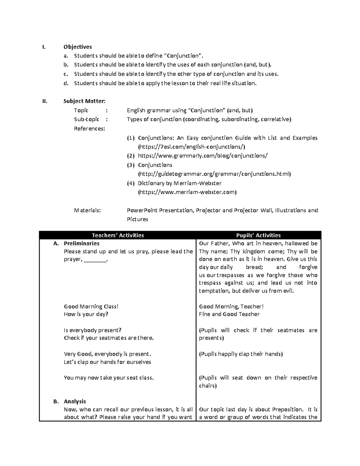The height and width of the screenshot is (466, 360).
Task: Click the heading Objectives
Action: pos(77,47)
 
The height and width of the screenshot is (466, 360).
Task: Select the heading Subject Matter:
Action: pos(84,101)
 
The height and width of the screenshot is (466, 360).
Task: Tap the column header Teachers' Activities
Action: pos(118,235)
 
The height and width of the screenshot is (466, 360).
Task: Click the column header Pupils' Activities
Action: pos(258,235)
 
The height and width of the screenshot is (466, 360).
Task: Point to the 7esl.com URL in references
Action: pos(191,147)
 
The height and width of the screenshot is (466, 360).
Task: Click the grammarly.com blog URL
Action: pos(202,156)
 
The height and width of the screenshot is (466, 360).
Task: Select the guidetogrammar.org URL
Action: pos(214,174)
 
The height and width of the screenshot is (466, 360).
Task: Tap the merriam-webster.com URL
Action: pos(187,192)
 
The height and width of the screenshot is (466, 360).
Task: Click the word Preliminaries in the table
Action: pos(82,243)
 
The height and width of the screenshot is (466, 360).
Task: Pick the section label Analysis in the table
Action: pos(75,401)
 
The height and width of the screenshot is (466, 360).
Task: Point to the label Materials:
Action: pos(87,210)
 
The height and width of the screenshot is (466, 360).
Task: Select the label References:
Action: pos(89,129)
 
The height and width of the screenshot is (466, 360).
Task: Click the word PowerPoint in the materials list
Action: pos(142,210)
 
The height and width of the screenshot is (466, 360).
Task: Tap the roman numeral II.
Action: pos(45,101)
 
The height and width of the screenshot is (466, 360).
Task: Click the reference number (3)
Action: pos(130,165)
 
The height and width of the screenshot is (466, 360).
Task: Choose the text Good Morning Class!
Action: pos(91,306)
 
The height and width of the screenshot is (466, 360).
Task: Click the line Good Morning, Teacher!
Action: pos(231,306)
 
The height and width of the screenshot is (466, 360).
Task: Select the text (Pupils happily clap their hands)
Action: pos(241,354)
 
